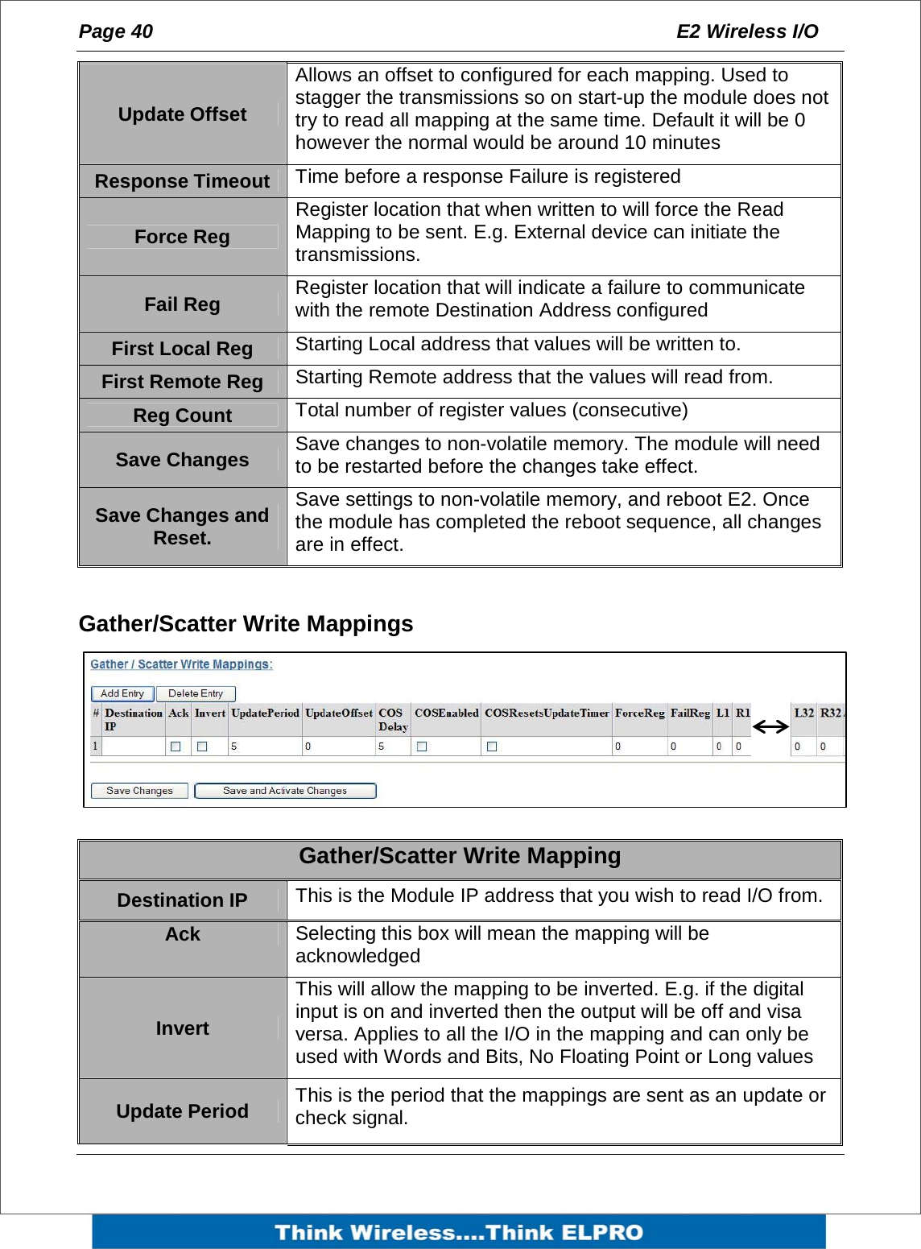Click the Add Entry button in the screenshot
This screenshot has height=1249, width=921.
coord(122,693)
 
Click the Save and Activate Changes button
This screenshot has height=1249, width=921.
coord(285,791)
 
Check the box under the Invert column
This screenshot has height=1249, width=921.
coord(202,747)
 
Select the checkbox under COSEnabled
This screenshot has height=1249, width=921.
coord(422,747)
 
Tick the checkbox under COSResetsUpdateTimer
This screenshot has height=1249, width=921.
coord(492,747)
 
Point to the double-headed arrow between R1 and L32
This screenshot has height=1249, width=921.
coord(770,727)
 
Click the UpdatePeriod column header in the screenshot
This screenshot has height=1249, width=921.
coord(265,713)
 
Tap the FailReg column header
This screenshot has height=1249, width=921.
coord(690,713)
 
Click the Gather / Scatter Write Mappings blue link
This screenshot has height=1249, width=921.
coord(181,664)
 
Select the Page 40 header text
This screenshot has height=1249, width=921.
coord(115,31)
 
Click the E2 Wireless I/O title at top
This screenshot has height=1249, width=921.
coord(746,31)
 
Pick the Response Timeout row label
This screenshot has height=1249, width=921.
coord(182,181)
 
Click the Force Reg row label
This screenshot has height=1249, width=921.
coord(182,237)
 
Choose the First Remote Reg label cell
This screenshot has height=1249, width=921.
coord(182,382)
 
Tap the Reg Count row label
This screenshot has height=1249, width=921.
coord(182,416)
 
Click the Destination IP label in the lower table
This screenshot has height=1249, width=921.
coord(182,900)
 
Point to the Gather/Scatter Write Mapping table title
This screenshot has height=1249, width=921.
coord(460,856)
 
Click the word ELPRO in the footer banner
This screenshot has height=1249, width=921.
coord(602,1232)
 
